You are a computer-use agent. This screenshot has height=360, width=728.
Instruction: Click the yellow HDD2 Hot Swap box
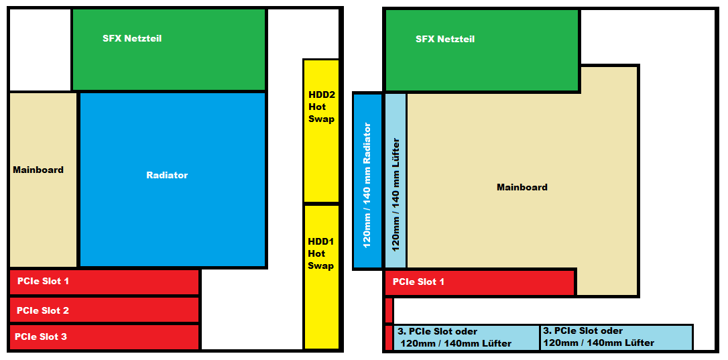(321, 131)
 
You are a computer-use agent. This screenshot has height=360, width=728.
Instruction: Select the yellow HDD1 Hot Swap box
(321, 277)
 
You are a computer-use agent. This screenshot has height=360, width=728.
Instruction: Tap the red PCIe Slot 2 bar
(105, 310)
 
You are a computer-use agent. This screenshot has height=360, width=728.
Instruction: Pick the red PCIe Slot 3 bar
(105, 337)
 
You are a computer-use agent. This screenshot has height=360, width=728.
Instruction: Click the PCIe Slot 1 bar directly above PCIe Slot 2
(105, 282)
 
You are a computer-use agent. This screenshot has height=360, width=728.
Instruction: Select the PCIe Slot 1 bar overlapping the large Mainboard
(480, 282)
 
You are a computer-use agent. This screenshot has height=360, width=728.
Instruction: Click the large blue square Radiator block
(173, 180)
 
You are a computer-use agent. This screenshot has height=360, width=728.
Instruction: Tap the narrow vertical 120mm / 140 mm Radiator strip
(368, 181)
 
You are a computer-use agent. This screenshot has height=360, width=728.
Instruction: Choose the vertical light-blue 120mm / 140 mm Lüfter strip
(396, 181)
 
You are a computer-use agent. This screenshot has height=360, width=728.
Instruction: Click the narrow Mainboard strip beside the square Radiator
(43, 180)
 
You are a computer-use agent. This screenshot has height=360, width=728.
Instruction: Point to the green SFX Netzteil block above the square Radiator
(169, 49)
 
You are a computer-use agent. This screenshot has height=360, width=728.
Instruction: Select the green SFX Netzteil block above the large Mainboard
(482, 50)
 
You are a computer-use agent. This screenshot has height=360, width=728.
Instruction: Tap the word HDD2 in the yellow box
(321, 95)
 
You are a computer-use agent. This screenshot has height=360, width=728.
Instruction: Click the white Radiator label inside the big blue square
(167, 175)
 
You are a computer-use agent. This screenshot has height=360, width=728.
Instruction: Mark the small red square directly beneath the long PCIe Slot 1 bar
(389, 310)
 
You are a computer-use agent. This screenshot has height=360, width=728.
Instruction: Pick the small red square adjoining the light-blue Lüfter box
(389, 338)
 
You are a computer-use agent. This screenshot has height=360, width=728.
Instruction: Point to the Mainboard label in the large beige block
(522, 187)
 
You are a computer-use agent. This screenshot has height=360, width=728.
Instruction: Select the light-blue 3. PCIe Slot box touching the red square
(467, 338)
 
